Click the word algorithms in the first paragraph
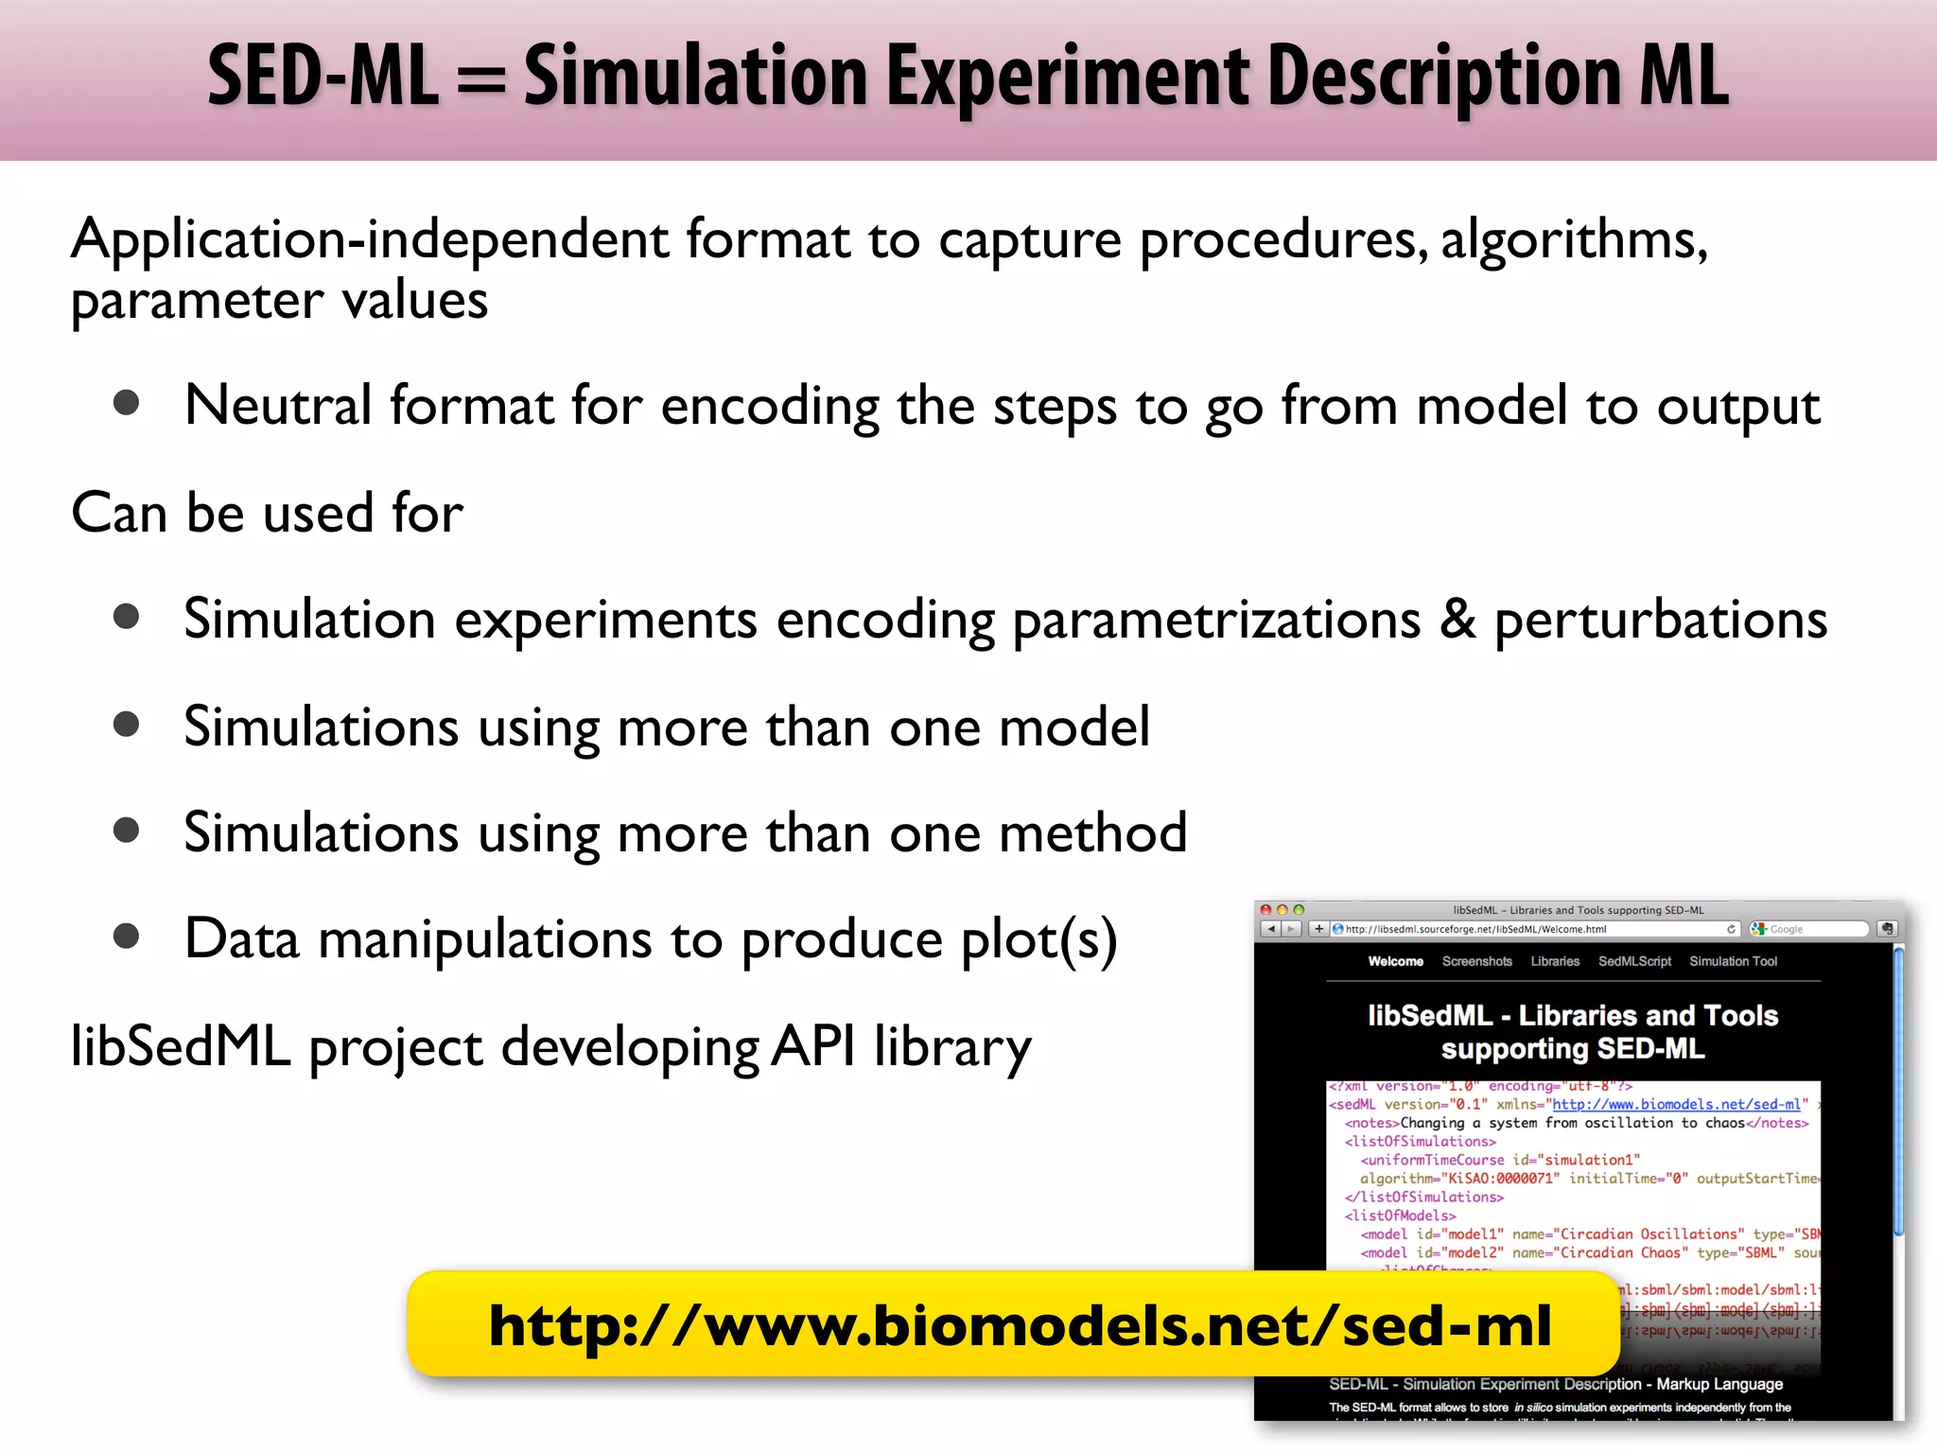(x=1574, y=240)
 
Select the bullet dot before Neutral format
(x=126, y=404)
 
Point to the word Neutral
(x=277, y=406)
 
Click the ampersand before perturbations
(x=1457, y=620)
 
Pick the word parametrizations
(x=1216, y=621)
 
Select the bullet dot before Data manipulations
(x=126, y=937)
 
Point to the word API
(x=813, y=1046)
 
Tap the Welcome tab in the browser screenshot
(x=1395, y=961)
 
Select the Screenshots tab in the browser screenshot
(x=1476, y=961)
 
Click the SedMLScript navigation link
(x=1634, y=961)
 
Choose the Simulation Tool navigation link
(x=1733, y=961)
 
